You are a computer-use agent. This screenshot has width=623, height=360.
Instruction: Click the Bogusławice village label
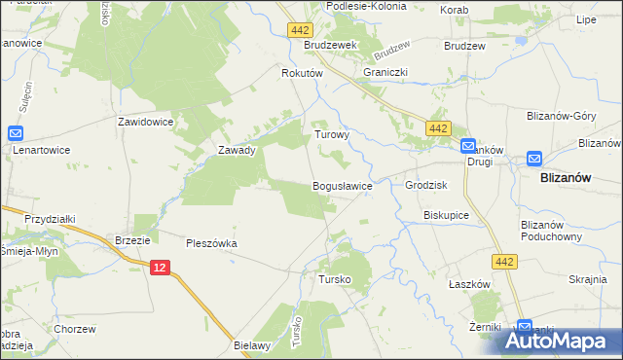(x=341, y=186)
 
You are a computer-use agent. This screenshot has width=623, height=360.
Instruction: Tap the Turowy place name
(x=331, y=136)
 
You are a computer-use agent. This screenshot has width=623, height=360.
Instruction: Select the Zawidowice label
(x=145, y=123)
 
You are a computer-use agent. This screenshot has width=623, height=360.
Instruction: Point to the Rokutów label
(x=301, y=74)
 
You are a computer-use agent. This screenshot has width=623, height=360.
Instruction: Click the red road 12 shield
(x=162, y=267)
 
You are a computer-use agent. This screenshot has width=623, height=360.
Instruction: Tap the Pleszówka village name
(x=212, y=243)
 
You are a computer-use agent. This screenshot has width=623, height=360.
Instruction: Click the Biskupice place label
(x=447, y=214)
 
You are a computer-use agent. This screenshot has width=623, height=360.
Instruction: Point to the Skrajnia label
(x=588, y=279)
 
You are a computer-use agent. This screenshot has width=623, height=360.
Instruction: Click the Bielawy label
(x=251, y=344)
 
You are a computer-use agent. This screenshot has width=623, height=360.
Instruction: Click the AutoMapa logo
(x=561, y=340)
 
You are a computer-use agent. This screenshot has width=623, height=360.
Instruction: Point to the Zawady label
(x=237, y=151)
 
